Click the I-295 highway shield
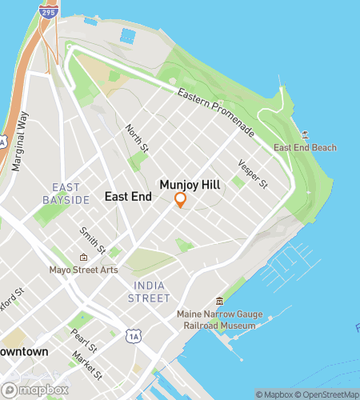tap(48, 13)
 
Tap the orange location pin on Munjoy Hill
tap(180, 200)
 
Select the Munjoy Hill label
tap(190, 184)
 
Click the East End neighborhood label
tap(128, 196)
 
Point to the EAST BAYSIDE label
tap(66, 193)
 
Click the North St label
tap(138, 137)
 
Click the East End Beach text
tap(305, 148)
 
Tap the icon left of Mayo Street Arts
tap(82, 257)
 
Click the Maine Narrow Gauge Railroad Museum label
tap(216, 320)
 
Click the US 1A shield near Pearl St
tap(131, 337)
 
